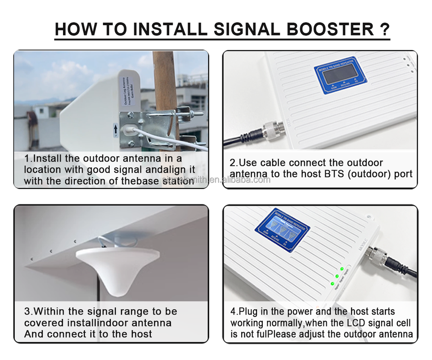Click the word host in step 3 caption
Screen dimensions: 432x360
pyautogui.click(x=139, y=334)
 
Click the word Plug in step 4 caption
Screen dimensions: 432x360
pyautogui.click(x=248, y=312)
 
